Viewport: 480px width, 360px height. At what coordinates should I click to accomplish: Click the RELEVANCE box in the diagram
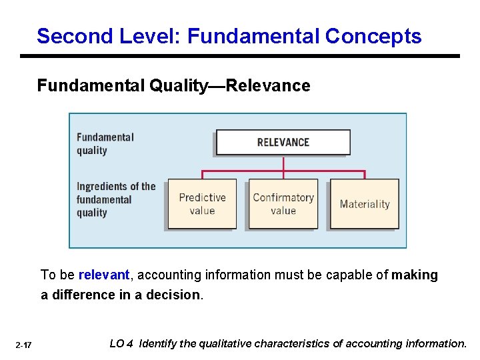pos(283,142)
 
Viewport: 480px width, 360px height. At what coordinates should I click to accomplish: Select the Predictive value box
pos(202,204)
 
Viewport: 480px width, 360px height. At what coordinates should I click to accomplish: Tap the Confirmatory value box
pos(283,204)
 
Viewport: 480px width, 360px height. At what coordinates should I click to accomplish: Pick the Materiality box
pos(365,204)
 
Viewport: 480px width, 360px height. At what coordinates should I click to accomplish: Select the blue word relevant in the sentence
pos(103,275)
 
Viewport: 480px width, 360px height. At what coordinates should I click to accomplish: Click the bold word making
pos(415,275)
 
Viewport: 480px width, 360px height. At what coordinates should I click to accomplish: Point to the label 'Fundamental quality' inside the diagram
pos(105,143)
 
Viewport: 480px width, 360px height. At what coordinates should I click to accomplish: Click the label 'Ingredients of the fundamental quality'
pos(115,199)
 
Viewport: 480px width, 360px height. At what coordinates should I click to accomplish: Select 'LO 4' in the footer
pos(121,344)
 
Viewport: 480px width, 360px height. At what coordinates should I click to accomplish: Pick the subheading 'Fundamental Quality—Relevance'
pos(173,85)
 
